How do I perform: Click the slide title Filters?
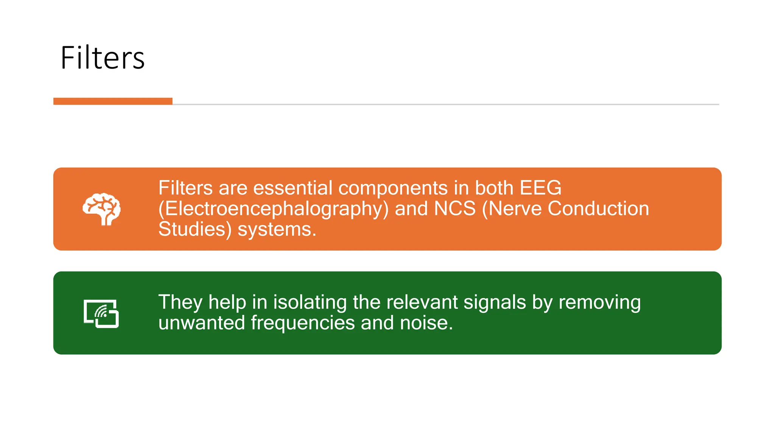pyautogui.click(x=102, y=58)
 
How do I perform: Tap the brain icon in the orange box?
pyautogui.click(x=101, y=209)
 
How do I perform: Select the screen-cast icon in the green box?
pyautogui.click(x=101, y=313)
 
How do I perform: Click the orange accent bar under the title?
pyautogui.click(x=113, y=101)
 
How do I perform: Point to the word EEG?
pyautogui.click(x=540, y=188)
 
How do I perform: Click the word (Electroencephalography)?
pyautogui.click(x=273, y=209)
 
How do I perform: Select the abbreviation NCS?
pyautogui.click(x=454, y=209)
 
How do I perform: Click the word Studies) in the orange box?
pyautogui.click(x=195, y=229)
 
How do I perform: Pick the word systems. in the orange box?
pyautogui.click(x=277, y=229)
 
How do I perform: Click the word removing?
pyautogui.click(x=599, y=302)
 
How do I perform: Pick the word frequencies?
pyautogui.click(x=303, y=323)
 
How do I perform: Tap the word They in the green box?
pyautogui.click(x=181, y=302)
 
